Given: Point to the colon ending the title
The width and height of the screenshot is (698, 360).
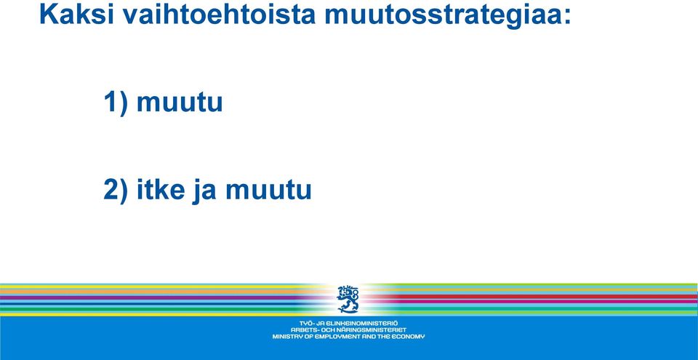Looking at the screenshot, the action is (x=566, y=17).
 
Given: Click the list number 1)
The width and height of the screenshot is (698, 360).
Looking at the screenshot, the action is (x=116, y=102).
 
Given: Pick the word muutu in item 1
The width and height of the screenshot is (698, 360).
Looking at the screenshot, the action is (x=180, y=103).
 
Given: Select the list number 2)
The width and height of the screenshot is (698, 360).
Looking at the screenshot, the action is (x=116, y=190).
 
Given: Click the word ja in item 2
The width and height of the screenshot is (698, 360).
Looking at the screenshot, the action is (x=205, y=191).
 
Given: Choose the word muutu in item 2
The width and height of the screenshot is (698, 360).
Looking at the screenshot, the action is (x=268, y=191).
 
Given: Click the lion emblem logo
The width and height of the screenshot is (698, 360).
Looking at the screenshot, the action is (x=348, y=299).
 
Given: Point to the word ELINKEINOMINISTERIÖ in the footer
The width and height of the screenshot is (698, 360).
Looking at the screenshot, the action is (x=362, y=323).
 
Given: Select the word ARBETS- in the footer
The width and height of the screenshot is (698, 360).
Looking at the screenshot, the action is (x=305, y=329).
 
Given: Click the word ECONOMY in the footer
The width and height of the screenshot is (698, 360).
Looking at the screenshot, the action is (x=408, y=337).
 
